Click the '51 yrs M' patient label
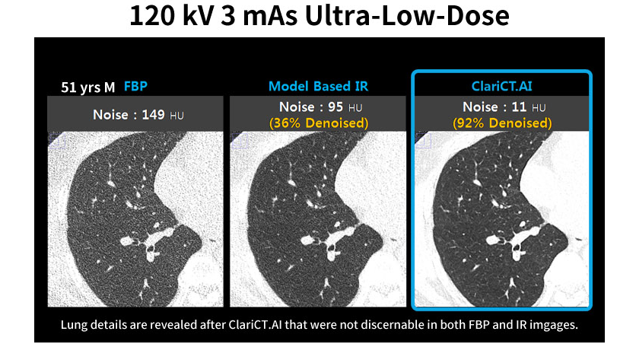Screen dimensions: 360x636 (88, 88)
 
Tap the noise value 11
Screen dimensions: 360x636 (517, 107)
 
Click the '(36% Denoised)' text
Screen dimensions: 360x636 (319, 123)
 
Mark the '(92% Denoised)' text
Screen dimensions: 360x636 (501, 123)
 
